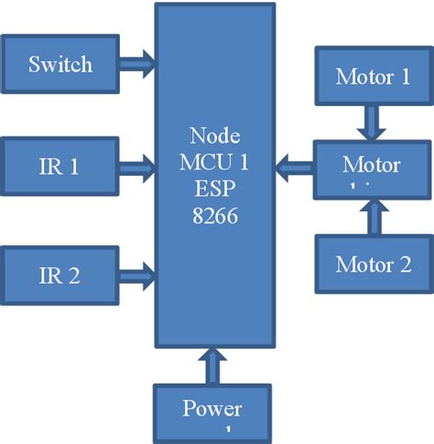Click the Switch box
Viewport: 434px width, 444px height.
tap(60, 64)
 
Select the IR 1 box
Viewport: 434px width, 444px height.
tap(60, 167)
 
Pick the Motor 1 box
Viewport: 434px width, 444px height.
tap(373, 76)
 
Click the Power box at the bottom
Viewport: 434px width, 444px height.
tap(212, 413)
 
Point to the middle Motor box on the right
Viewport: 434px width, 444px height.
tap(372, 168)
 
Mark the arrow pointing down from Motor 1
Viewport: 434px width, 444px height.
tap(373, 123)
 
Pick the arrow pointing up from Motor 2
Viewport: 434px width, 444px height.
tap(373, 217)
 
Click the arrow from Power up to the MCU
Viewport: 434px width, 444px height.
tap(212, 365)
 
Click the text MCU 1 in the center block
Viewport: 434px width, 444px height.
tap(213, 163)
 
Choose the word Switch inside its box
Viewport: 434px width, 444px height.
tap(60, 64)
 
